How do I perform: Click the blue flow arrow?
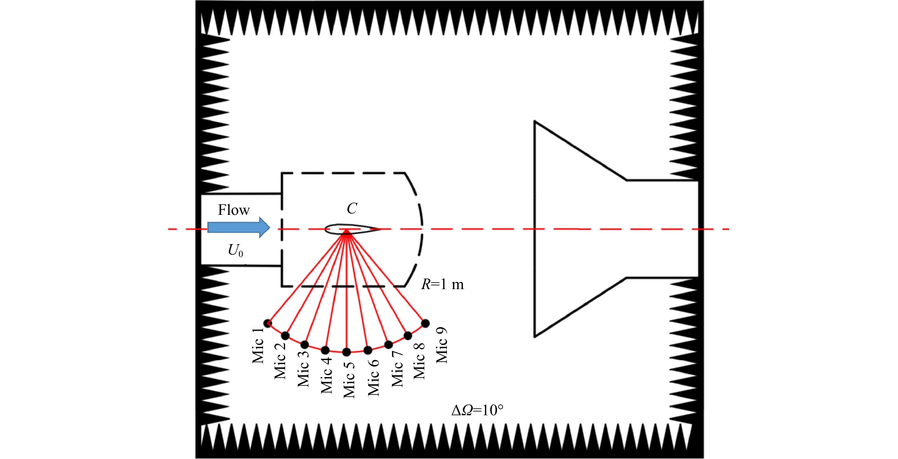point(239,227)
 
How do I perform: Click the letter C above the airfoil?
point(352,209)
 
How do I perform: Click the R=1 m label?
point(442,285)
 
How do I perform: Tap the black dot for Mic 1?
point(267,323)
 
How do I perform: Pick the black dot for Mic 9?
point(425,323)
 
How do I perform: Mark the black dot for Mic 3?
point(305,345)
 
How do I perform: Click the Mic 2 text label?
point(280,360)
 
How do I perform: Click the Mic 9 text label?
point(441,345)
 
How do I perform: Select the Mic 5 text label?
point(349,380)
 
